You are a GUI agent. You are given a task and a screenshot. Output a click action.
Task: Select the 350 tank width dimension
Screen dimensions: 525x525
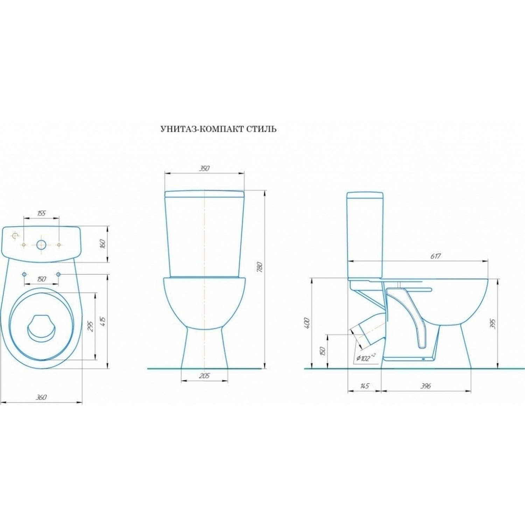[204, 168]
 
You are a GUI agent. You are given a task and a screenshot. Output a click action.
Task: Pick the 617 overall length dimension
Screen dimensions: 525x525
[435, 256]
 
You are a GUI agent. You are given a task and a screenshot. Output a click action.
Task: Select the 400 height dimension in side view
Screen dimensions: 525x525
[307, 323]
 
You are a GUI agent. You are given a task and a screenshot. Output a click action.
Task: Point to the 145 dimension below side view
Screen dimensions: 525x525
[364, 386]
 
